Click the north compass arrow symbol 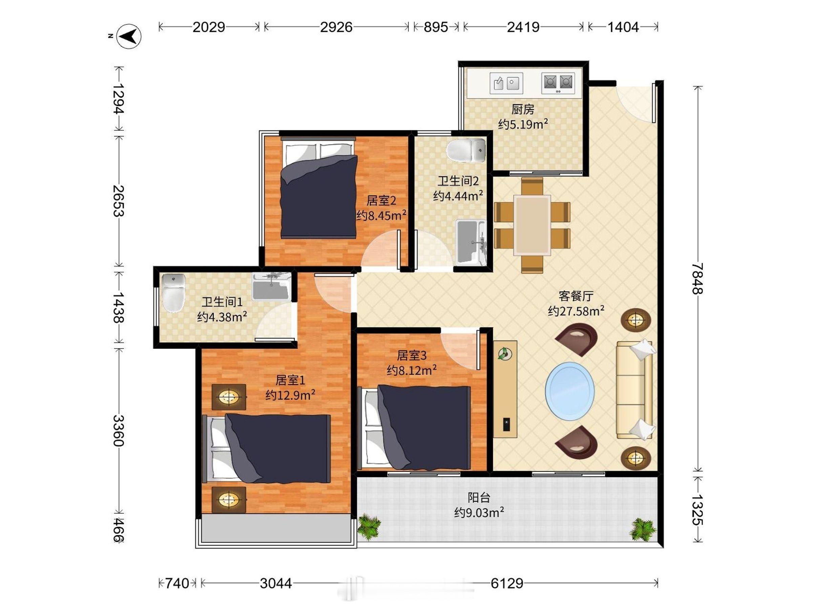[129, 36]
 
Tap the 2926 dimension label [336, 27]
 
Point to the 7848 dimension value [697, 279]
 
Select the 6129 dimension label [507, 583]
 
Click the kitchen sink [506, 83]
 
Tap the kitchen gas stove [558, 83]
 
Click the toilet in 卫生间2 [466, 150]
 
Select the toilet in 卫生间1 [173, 293]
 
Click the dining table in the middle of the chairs [532, 225]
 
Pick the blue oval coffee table [570, 391]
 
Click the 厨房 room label [523, 109]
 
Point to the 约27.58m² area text [576, 311]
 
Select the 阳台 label [479, 497]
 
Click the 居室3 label [412, 355]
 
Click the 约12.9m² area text [290, 395]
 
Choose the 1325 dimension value [697, 510]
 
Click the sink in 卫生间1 [272, 286]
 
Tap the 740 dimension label [177, 583]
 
